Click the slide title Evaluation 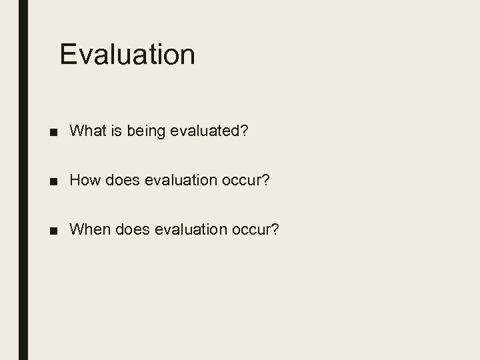point(127,55)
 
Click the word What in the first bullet point(85,131)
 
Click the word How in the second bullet point(83,180)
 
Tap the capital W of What point(75,131)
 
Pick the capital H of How point(75,180)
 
